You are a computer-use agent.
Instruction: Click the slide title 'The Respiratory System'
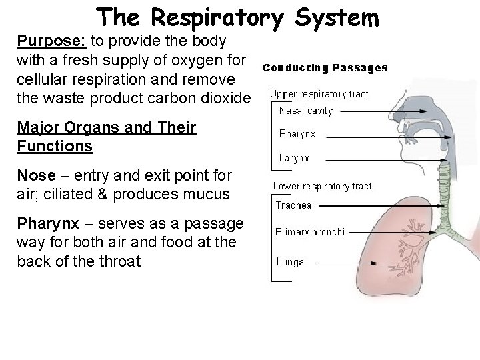[x=238, y=17]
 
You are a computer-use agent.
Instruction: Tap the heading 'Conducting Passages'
[x=325, y=67]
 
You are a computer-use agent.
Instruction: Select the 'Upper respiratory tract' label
[x=319, y=94]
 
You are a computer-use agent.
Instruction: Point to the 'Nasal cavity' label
[x=305, y=111]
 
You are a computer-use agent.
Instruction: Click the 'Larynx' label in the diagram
[x=294, y=159]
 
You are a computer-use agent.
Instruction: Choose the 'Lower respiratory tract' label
[x=323, y=186]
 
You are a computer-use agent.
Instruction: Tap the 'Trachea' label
[x=294, y=205]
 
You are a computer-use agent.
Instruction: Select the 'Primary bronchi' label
[x=310, y=232]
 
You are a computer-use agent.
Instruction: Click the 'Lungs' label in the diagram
[x=290, y=262]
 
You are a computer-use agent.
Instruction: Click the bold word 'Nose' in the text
[x=37, y=175]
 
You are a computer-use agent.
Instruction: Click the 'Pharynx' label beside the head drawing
[x=297, y=134]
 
